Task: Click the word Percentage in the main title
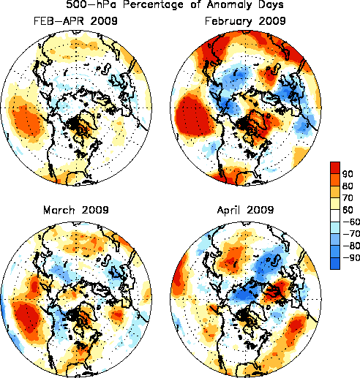(153, 5)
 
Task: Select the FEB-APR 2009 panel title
(75, 21)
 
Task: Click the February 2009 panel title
(245, 21)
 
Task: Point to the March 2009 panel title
(76, 210)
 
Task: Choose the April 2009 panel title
(245, 211)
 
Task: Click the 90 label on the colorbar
(348, 174)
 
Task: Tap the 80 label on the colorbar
(348, 186)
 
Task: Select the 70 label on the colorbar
(348, 198)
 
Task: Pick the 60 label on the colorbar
(348, 210)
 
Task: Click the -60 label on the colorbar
(351, 222)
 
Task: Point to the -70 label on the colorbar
(351, 234)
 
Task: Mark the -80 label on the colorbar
(351, 246)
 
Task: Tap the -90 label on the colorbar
(351, 257)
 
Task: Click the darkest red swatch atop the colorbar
(335, 167)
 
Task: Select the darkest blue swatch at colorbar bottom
(335, 263)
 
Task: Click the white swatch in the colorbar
(335, 216)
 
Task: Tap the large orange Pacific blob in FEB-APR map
(27, 123)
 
